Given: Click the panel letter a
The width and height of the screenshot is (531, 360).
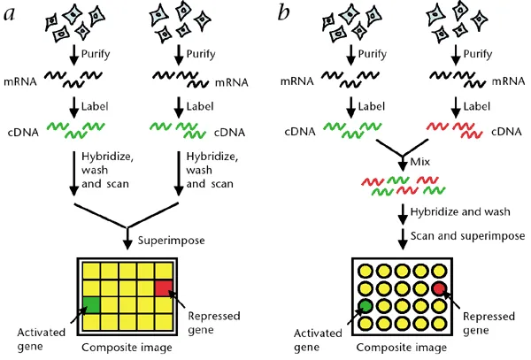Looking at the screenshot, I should tap(10, 11).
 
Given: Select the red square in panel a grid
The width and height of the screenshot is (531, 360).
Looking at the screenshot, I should tap(165, 287).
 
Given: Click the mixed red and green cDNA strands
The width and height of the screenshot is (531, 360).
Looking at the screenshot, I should tap(403, 187).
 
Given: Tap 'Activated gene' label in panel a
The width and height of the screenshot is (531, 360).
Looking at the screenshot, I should tap(37, 340).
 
